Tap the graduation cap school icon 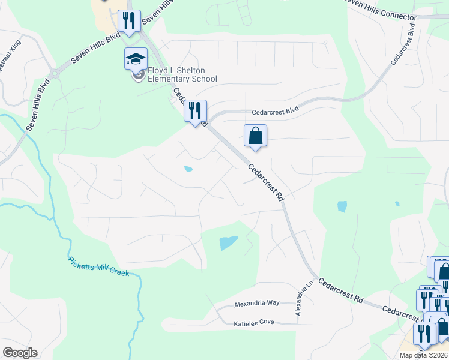pyautogui.click(x=136, y=59)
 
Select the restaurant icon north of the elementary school pyautogui.click(x=129, y=21)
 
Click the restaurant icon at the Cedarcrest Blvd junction pyautogui.click(x=195, y=111)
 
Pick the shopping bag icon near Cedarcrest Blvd pyautogui.click(x=255, y=136)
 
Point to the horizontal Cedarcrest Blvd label pyautogui.click(x=275, y=112)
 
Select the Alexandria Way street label pyautogui.click(x=256, y=304)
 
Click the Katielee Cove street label pyautogui.click(x=253, y=323)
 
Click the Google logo pyautogui.click(x=20, y=353)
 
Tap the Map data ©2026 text pyautogui.click(x=423, y=355)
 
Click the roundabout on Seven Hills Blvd pyautogui.click(x=55, y=74)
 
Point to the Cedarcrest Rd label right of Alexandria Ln pyautogui.click(x=341, y=290)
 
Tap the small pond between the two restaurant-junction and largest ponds pyautogui.click(x=188, y=169)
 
